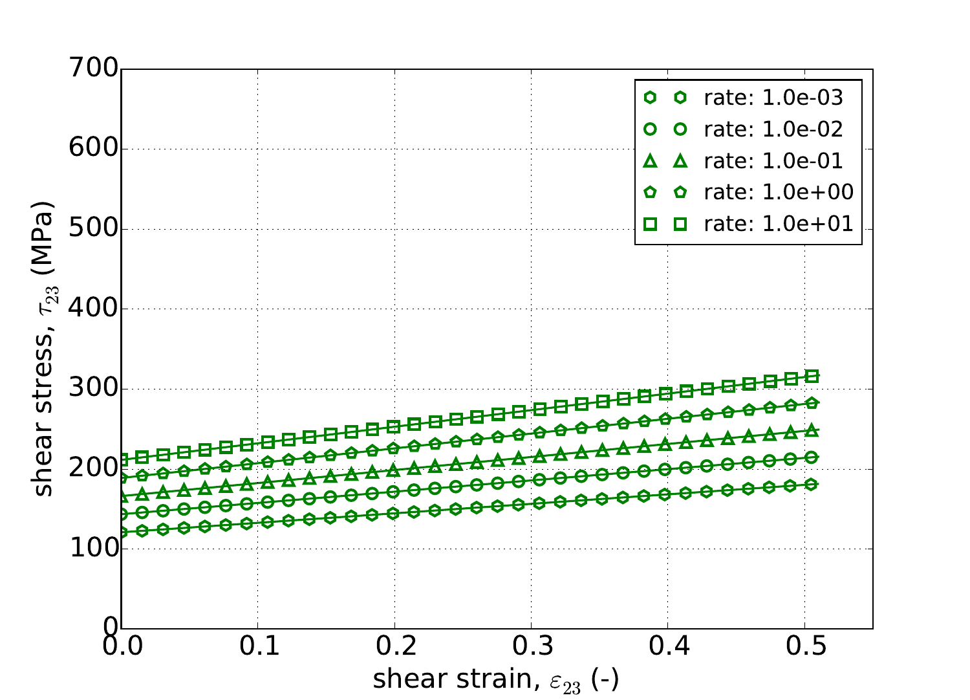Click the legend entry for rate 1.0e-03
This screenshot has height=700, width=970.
coord(773,98)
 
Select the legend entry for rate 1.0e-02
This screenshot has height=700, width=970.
coord(773,129)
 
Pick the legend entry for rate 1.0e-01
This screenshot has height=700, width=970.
coord(773,160)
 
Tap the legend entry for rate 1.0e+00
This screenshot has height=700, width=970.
coord(779,192)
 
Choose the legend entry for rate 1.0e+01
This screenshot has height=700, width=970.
coord(779,224)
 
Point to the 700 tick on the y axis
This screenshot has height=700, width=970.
coord(93,69)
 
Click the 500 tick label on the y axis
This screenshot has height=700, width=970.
coord(93,229)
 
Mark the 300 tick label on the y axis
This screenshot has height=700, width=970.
coord(93,389)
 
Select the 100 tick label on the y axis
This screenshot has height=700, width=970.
coord(93,549)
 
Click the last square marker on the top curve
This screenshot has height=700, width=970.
coord(812,376)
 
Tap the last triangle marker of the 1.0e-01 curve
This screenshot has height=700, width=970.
coord(812,430)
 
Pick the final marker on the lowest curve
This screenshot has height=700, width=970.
coord(812,484)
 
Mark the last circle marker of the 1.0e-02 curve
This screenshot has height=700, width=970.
coord(812,457)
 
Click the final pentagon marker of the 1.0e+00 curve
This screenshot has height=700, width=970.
coord(812,403)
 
